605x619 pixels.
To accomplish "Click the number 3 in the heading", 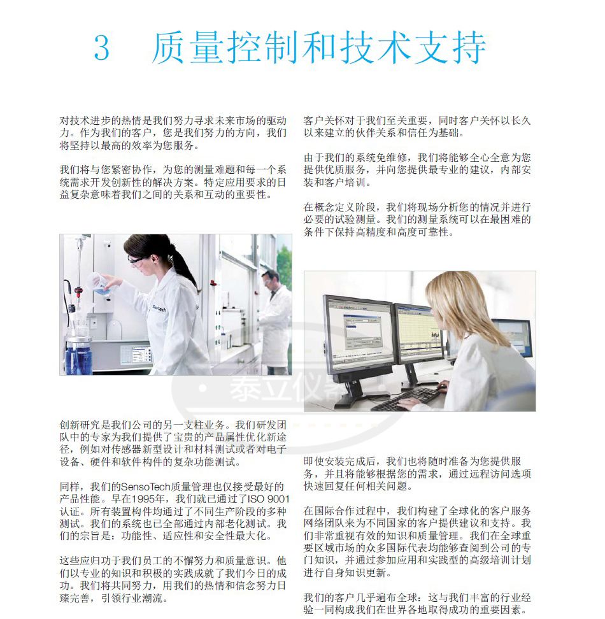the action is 101,48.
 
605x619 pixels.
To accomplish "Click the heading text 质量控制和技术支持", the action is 319,48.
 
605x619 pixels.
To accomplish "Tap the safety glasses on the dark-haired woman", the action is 136,260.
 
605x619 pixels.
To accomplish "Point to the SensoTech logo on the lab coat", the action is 159,309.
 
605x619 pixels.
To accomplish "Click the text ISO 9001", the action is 269,499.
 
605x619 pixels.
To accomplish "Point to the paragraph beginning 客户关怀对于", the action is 417,127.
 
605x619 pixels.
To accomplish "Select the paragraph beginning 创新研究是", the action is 173,443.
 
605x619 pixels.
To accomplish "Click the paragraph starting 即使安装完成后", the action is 417,473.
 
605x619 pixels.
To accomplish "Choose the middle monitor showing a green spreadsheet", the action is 419,334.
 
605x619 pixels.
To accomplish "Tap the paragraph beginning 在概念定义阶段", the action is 417,220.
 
